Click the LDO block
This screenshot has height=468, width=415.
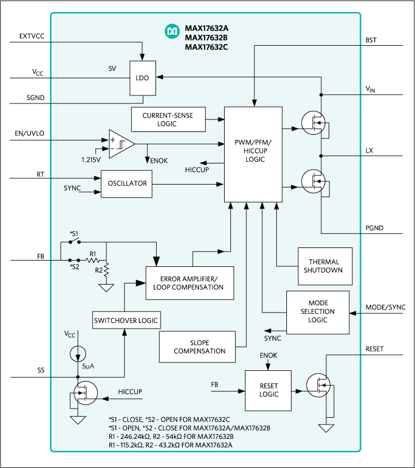coord(143,78)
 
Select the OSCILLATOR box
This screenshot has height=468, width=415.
coord(126,183)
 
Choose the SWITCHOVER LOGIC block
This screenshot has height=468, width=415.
coord(126,319)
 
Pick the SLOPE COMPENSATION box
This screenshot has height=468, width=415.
coord(199,346)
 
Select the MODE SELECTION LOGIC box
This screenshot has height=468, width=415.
coord(317,312)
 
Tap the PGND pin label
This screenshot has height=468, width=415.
coord(374,228)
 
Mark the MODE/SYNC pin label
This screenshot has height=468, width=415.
coord(385,307)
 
